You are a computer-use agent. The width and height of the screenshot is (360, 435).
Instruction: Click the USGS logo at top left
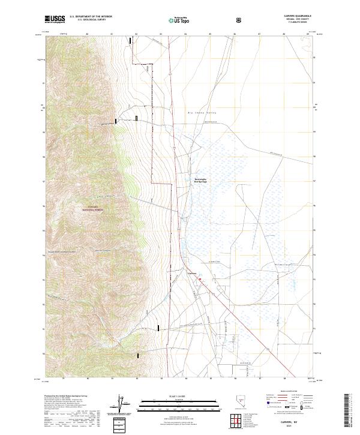55,19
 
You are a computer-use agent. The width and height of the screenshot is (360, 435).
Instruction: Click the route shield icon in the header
239,20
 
